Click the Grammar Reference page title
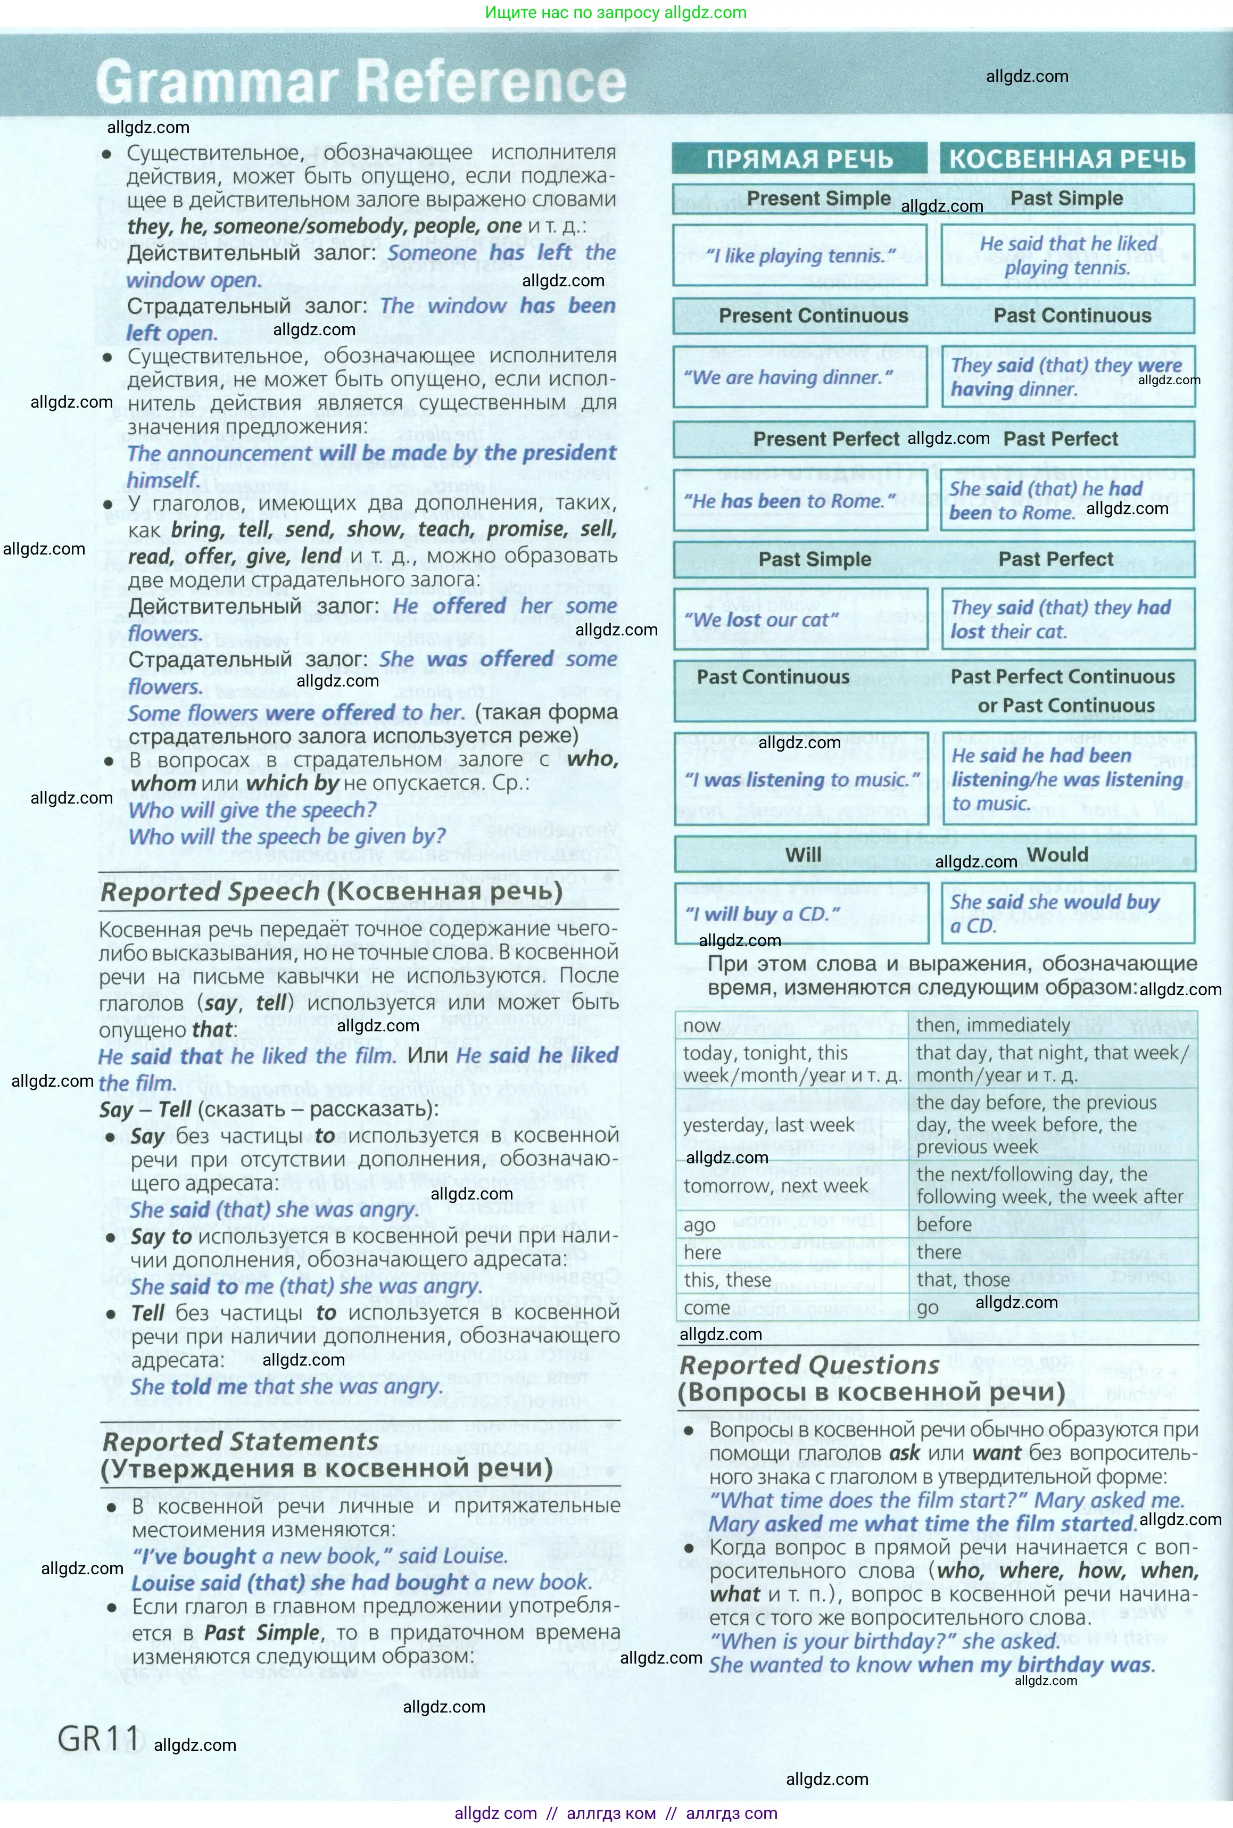[x=361, y=82]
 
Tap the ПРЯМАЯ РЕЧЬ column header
[x=799, y=159]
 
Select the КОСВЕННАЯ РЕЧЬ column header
[x=1067, y=159]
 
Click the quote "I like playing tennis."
[x=800, y=255]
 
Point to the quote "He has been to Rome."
[x=800, y=501]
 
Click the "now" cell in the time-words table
[x=701, y=1026]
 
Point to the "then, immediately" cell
[x=992, y=1025]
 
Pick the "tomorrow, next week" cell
[x=775, y=1186]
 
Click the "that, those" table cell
[x=963, y=1280]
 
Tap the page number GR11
[x=98, y=1739]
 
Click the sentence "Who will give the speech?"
[x=252, y=810]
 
